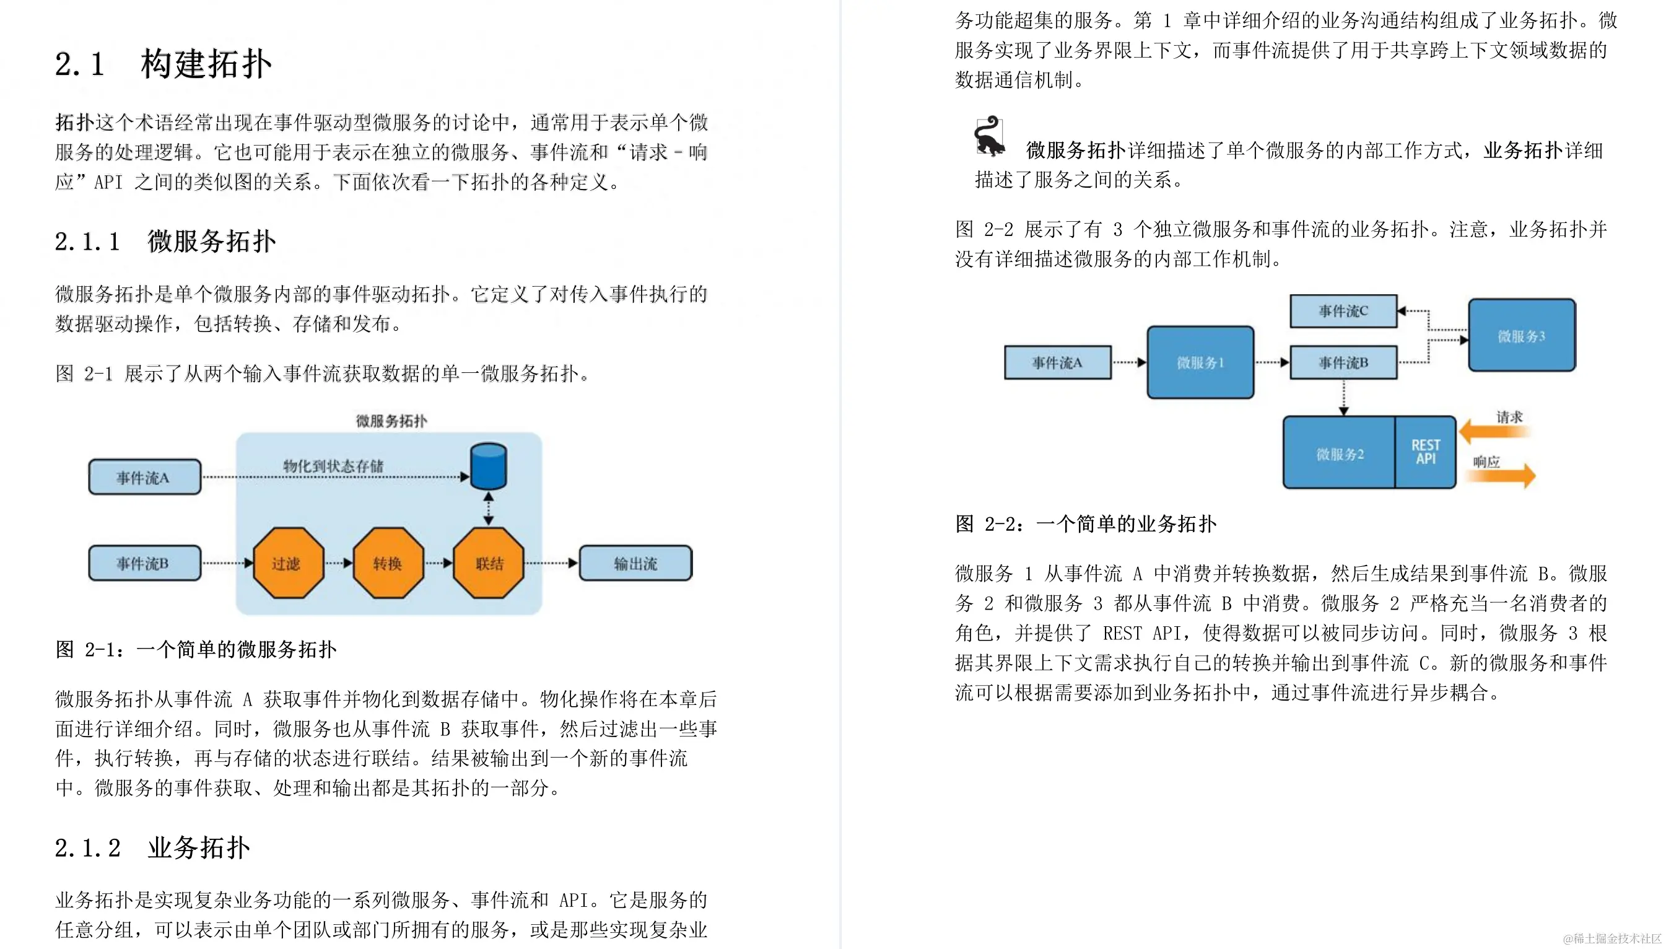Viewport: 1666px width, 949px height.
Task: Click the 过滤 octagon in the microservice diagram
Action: pyautogui.click(x=287, y=563)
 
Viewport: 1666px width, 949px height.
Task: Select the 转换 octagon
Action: pyautogui.click(x=388, y=563)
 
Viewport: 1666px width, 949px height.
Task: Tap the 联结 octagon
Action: pyautogui.click(x=489, y=563)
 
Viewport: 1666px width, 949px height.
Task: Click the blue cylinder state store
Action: pyautogui.click(x=488, y=466)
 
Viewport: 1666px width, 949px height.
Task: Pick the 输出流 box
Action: pyautogui.click(x=635, y=563)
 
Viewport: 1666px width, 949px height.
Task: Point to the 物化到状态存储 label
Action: pyautogui.click(x=333, y=465)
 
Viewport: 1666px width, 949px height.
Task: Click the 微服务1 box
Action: pyautogui.click(x=1200, y=362)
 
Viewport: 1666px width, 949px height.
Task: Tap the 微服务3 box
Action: pyautogui.click(x=1521, y=336)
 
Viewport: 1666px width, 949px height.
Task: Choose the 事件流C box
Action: pyautogui.click(x=1343, y=311)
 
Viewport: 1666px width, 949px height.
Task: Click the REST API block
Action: pyautogui.click(x=1426, y=452)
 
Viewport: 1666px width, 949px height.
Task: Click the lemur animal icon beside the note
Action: pyautogui.click(x=989, y=137)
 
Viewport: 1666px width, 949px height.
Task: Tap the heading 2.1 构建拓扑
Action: pyautogui.click(x=163, y=64)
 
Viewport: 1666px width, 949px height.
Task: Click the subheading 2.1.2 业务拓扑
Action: pyautogui.click(x=152, y=848)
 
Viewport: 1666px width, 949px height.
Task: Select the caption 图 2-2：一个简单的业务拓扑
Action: pyautogui.click(x=1086, y=523)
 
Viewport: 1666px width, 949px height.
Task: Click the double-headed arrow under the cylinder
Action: pyautogui.click(x=489, y=509)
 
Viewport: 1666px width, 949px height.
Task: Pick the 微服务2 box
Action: pyautogui.click(x=1340, y=453)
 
